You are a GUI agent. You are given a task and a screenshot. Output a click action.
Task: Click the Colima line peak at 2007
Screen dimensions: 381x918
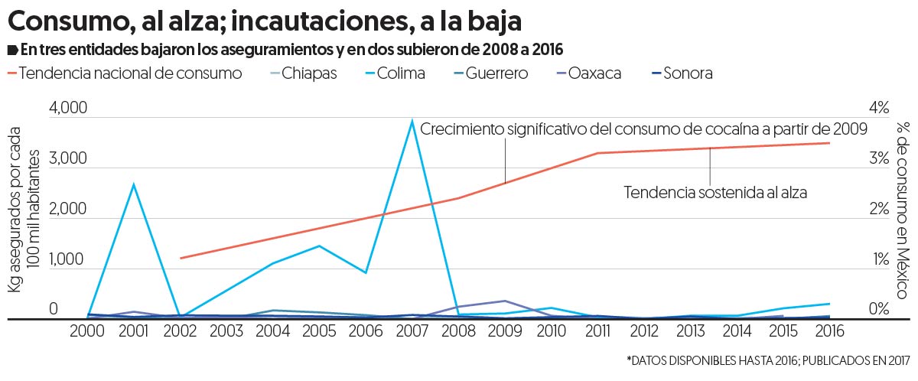[x=412, y=122]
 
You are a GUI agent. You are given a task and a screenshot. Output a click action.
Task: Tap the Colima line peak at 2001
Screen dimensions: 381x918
[x=134, y=184]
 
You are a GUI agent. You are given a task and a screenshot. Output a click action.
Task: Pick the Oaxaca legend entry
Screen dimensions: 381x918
[x=587, y=74]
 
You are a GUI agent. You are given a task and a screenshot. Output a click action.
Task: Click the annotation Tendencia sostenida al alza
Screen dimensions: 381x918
[x=715, y=191]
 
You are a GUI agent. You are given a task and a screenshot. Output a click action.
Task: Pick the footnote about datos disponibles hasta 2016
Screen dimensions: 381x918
[x=767, y=360]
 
